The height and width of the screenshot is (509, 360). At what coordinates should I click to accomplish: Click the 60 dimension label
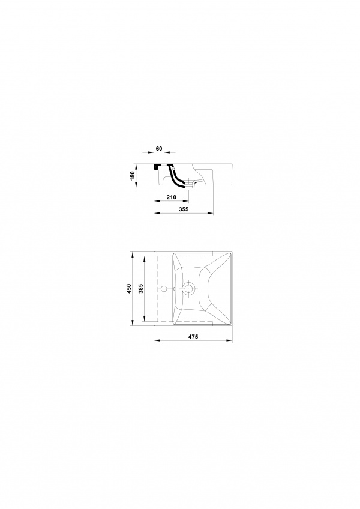pyautogui.click(x=159, y=149)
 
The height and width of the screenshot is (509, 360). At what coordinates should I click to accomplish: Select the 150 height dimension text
pyautogui.click(x=132, y=176)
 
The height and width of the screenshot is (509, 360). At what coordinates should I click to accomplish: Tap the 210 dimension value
pyautogui.click(x=171, y=197)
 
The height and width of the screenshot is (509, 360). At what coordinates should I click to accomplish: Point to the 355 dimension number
pyautogui.click(x=184, y=209)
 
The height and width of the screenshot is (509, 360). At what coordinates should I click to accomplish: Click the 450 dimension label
pyautogui.click(x=129, y=289)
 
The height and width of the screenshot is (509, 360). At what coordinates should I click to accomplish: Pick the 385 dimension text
pyautogui.click(x=141, y=289)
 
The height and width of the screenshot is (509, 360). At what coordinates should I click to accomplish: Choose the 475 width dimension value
pyautogui.click(x=193, y=337)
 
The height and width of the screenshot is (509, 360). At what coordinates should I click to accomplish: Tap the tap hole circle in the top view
pyautogui.click(x=164, y=288)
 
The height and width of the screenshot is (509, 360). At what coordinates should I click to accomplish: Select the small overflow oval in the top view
pyautogui.click(x=174, y=288)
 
